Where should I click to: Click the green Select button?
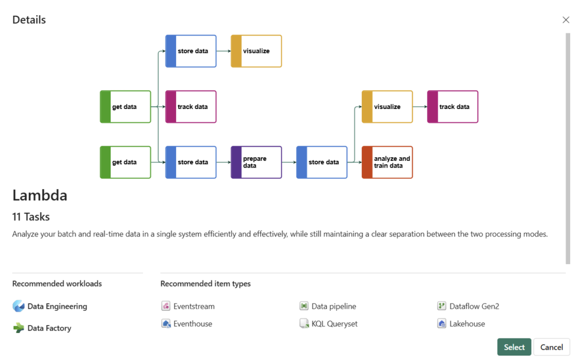(514, 347)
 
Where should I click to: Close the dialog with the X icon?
(566, 20)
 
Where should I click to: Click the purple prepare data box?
(256, 163)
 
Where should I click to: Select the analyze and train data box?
(387, 163)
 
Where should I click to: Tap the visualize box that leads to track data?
(387, 107)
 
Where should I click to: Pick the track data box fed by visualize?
(453, 107)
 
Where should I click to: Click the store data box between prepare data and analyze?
(322, 163)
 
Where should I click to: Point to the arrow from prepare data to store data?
(288, 163)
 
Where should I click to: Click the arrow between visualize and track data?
(419, 107)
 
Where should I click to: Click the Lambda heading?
(40, 195)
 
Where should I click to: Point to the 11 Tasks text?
(31, 217)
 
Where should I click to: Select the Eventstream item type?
(194, 306)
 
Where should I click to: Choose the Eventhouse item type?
(192, 324)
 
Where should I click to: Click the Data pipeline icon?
(304, 306)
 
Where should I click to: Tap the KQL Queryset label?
(334, 324)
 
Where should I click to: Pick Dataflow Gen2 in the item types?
(474, 306)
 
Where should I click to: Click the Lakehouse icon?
(442, 324)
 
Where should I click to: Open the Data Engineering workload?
(57, 306)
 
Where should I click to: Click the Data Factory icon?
(19, 328)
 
